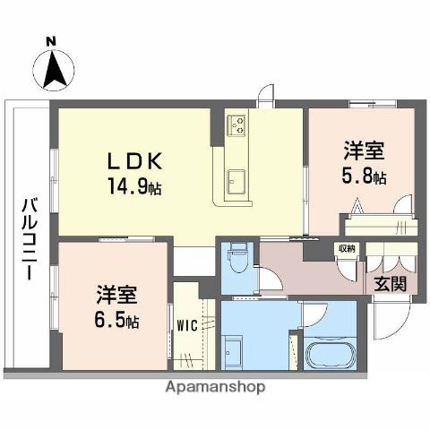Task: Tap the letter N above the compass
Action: [52, 40]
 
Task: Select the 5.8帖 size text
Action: [365, 176]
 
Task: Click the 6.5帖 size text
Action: [119, 321]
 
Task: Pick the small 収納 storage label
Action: [346, 248]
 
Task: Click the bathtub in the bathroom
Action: [330, 354]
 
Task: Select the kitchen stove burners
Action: [236, 125]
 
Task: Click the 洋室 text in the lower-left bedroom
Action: [117, 294]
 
